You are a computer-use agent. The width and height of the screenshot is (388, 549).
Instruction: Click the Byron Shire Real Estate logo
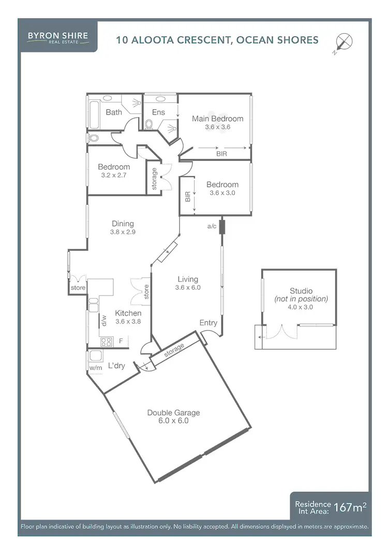tap(57, 38)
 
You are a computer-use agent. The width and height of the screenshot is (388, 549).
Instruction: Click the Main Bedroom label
tap(217, 118)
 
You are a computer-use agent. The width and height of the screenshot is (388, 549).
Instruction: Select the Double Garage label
tap(173, 412)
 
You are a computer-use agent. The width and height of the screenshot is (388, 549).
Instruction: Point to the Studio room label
tap(301, 291)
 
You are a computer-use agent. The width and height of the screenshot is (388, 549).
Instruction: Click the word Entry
tap(208, 323)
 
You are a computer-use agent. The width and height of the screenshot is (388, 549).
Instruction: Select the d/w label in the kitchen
tap(104, 321)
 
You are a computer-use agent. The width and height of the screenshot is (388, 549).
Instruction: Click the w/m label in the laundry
tap(96, 368)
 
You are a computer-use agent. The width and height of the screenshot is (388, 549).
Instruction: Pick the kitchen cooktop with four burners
tap(107, 342)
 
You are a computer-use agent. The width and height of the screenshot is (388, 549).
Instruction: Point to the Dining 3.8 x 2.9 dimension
tap(122, 232)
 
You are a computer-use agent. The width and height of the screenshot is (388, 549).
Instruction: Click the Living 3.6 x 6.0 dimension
tap(187, 287)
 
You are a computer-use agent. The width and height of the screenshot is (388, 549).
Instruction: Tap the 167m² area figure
tap(350, 507)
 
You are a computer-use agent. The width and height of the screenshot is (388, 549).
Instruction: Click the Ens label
tap(158, 112)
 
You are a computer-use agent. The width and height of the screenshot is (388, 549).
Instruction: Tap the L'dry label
tap(116, 366)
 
